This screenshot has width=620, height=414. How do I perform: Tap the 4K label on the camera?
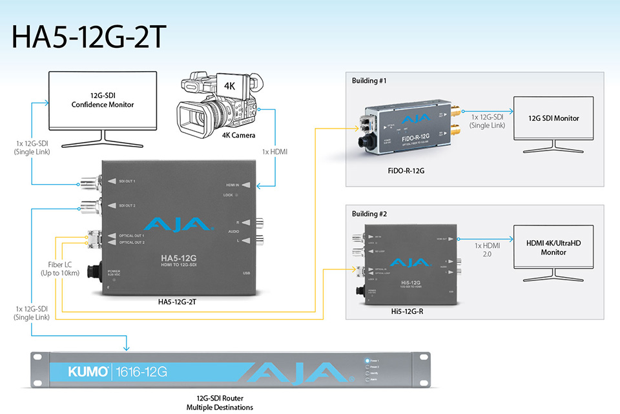pyautogui.click(x=229, y=86)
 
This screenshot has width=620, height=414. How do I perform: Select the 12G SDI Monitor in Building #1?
pyautogui.click(x=553, y=118)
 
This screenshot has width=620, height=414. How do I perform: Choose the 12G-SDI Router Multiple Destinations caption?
pyautogui.click(x=220, y=403)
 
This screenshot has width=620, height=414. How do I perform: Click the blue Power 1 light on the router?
pyautogui.click(x=366, y=360)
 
